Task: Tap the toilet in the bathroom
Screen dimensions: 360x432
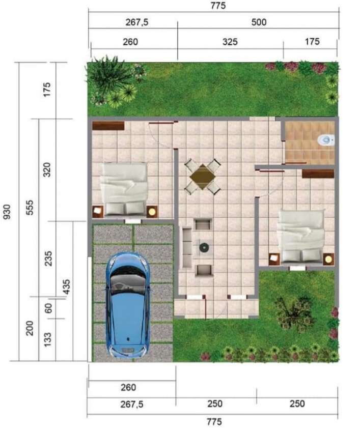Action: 326,140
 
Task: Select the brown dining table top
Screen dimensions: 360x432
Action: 203,177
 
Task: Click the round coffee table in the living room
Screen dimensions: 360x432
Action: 204,248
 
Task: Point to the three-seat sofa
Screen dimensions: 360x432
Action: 186,247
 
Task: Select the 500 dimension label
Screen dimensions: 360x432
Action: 259,22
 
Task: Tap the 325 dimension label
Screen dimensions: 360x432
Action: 230,42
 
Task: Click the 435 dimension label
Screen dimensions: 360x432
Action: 66,287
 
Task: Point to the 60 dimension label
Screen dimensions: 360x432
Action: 48,308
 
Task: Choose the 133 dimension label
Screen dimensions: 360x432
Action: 47,340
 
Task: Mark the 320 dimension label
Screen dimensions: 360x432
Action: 47,170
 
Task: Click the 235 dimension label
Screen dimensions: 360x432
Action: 48,258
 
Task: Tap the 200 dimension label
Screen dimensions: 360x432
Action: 30,328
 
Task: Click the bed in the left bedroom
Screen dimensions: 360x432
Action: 124,189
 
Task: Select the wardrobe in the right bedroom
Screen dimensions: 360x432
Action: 318,174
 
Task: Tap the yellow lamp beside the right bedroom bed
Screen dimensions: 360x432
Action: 328,260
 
